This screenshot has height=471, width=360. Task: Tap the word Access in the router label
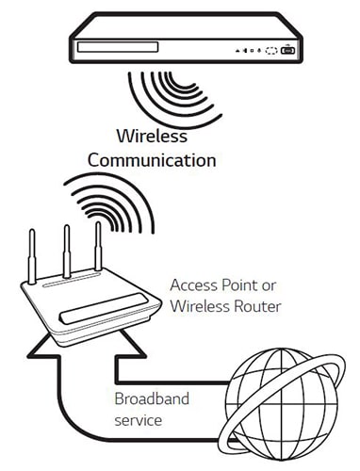[194, 284]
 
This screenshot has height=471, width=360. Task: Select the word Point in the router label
[239, 284]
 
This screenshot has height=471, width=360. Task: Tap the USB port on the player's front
[288, 52]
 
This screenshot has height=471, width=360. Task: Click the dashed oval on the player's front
[271, 52]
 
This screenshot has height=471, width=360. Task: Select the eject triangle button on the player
[238, 52]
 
